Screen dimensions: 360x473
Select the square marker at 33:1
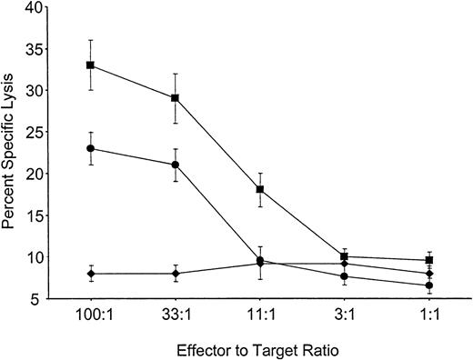pyautogui.click(x=175, y=97)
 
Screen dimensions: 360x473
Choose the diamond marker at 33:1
pyautogui.click(x=175, y=273)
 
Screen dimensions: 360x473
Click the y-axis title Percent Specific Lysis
pyautogui.click(x=11, y=150)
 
